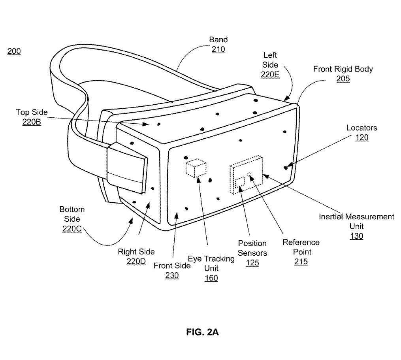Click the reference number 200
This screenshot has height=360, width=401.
click(14, 51)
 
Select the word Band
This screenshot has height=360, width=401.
click(218, 40)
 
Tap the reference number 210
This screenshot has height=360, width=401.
click(218, 49)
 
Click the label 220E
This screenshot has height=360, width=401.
click(270, 74)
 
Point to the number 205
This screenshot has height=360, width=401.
click(343, 79)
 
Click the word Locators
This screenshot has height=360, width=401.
click(361, 128)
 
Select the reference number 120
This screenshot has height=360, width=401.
click(362, 138)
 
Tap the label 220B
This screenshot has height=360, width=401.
click(32, 122)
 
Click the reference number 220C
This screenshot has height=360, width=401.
click(72, 228)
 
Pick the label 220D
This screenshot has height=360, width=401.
click(136, 262)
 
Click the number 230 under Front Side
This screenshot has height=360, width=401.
click(172, 275)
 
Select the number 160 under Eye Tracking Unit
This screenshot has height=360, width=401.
click(211, 278)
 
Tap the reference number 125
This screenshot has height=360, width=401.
click(252, 263)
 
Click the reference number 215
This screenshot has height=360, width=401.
click(301, 262)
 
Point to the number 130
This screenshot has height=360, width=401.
click(356, 236)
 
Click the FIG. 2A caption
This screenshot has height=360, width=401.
click(202, 332)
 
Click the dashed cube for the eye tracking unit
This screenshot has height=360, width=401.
click(196, 168)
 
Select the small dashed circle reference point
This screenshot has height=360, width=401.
click(249, 175)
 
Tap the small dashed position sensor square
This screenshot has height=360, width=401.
click(240, 183)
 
